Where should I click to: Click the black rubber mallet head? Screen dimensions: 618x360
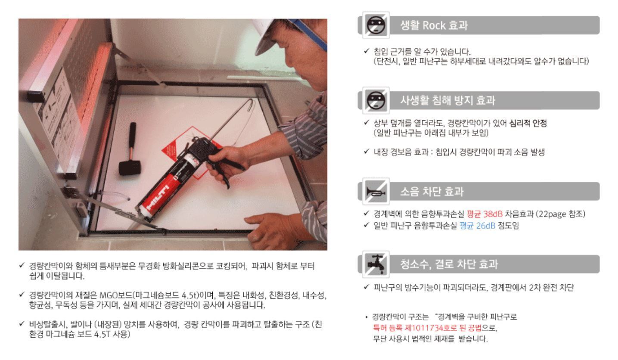tap(130, 167)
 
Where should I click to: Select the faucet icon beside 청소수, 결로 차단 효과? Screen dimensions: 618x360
tap(376, 264)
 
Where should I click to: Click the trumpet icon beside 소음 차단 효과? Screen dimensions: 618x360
tap(376, 192)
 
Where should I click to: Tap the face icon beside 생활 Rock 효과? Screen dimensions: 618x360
tap(376, 25)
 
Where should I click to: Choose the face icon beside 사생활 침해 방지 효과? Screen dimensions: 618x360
tap(376, 100)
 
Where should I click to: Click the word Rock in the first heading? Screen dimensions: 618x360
tap(434, 25)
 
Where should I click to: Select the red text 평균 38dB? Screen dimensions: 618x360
tap(484, 214)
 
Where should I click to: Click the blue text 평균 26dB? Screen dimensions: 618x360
tap(477, 226)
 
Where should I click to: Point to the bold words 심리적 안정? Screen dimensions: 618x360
tap(528, 123)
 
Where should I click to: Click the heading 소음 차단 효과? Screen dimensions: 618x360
tap(432, 192)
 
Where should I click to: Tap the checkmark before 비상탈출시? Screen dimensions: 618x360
tap(22, 323)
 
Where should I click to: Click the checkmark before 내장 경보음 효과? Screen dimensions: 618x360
tap(366, 151)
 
